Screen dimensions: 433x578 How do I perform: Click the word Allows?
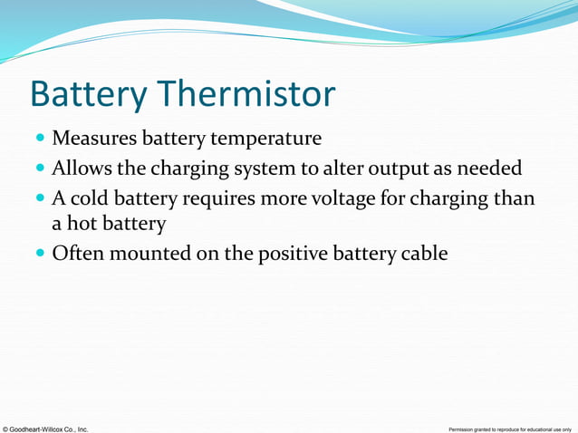pyautogui.click(x=79, y=168)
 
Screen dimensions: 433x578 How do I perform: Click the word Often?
pyautogui.click(x=76, y=253)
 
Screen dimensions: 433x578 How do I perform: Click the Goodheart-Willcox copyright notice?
pyautogui.click(x=45, y=428)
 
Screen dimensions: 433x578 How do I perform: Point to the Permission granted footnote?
pyautogui.click(x=509, y=428)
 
